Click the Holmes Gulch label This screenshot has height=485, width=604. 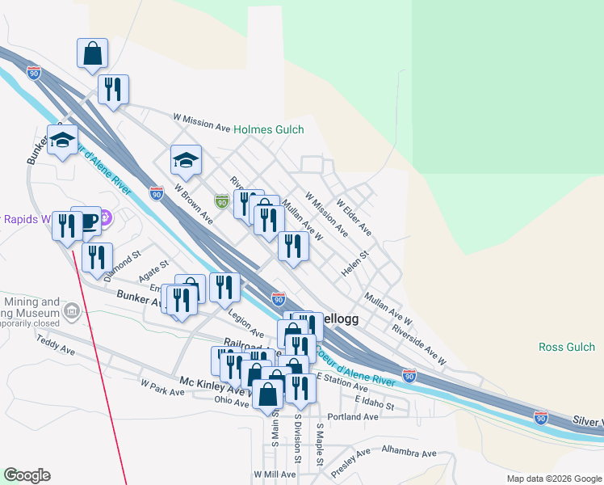pyautogui.click(x=268, y=129)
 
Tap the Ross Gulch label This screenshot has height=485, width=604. pyautogui.click(x=566, y=347)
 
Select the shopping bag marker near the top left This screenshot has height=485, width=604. pyautogui.click(x=93, y=53)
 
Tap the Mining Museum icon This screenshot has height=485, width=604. pyautogui.click(x=72, y=311)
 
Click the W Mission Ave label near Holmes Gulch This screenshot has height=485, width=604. pyautogui.click(x=202, y=121)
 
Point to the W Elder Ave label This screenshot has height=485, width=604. pyautogui.click(x=354, y=218)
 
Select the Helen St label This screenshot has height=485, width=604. pyautogui.click(x=354, y=264)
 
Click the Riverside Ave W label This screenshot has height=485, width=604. pyautogui.click(x=419, y=344)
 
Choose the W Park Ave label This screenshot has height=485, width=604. pyautogui.click(x=162, y=387)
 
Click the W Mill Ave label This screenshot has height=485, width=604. pyautogui.click(x=275, y=474)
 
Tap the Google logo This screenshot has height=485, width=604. pyautogui.click(x=27, y=475)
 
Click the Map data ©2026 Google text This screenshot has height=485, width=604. pyautogui.click(x=553, y=479)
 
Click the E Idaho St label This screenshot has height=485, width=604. pyautogui.click(x=373, y=403)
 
